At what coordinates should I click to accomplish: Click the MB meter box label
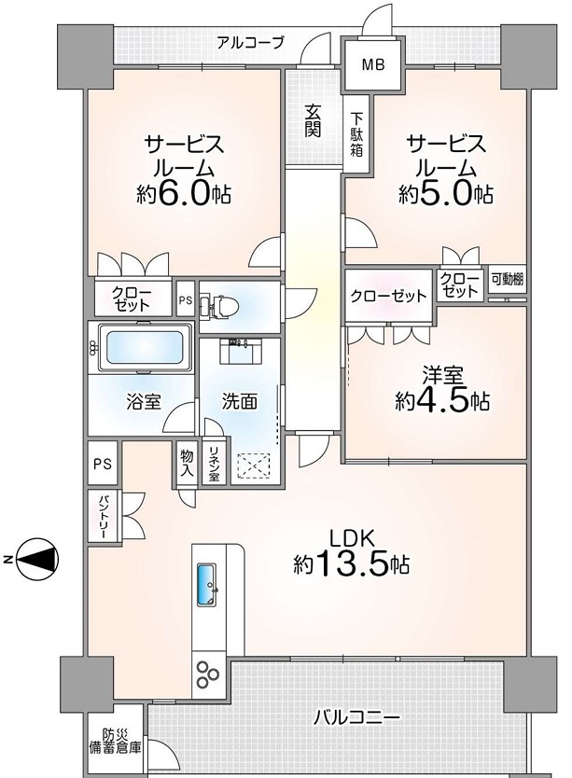373,64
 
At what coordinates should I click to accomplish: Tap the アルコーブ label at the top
250,43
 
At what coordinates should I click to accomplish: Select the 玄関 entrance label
313,120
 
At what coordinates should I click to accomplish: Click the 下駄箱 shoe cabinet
356,134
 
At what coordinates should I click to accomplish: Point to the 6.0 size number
183,194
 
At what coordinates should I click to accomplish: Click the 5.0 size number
445,194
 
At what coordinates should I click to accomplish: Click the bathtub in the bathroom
145,347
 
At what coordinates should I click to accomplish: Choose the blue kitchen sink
207,585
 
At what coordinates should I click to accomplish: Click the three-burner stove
207,674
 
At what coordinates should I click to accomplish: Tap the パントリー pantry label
104,516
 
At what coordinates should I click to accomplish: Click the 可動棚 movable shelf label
507,279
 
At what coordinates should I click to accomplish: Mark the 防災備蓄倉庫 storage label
115,741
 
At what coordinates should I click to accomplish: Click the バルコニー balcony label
356,717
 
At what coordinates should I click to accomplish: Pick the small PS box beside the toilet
186,299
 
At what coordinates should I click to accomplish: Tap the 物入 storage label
187,463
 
